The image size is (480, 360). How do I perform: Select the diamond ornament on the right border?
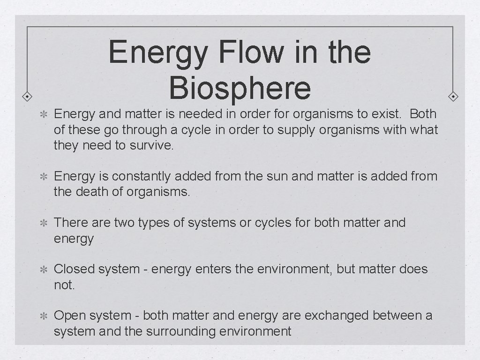tap(453, 97)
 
